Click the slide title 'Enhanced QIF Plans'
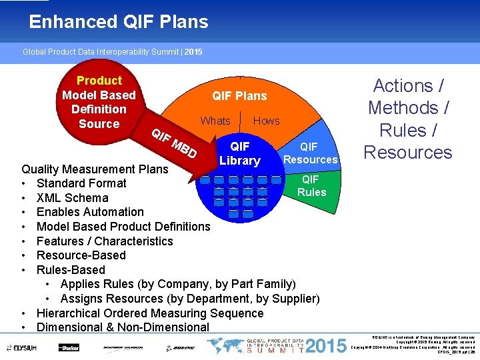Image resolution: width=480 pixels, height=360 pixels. pyautogui.click(x=119, y=22)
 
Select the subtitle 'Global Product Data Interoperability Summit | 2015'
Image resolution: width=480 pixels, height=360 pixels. pyautogui.click(x=113, y=51)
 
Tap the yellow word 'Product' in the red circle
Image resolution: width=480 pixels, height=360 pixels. pyautogui.click(x=99, y=81)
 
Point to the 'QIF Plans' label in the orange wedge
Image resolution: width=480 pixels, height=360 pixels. pyautogui.click(x=239, y=96)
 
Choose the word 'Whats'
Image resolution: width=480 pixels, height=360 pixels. pyautogui.click(x=215, y=121)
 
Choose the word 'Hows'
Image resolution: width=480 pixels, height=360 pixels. pyautogui.click(x=267, y=121)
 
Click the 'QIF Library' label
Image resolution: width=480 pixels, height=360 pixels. pyautogui.click(x=239, y=153)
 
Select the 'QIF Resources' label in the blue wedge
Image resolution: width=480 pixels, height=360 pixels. pyautogui.click(x=310, y=153)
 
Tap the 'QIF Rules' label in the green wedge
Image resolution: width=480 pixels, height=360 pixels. pyautogui.click(x=311, y=185)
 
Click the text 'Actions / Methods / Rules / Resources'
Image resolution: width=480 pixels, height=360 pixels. pyautogui.click(x=408, y=119)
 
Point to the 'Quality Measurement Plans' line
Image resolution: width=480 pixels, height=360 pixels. pyautogui.click(x=95, y=169)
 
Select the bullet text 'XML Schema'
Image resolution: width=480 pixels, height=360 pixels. pyautogui.click(x=72, y=197)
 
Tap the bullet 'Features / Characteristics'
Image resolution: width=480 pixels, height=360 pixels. pyautogui.click(x=105, y=241)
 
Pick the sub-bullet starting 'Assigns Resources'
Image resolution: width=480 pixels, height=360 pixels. pyautogui.click(x=189, y=299)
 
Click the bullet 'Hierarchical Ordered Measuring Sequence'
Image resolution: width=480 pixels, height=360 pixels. pyautogui.click(x=150, y=313)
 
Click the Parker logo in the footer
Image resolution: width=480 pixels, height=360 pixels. pyautogui.click(x=69, y=347)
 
